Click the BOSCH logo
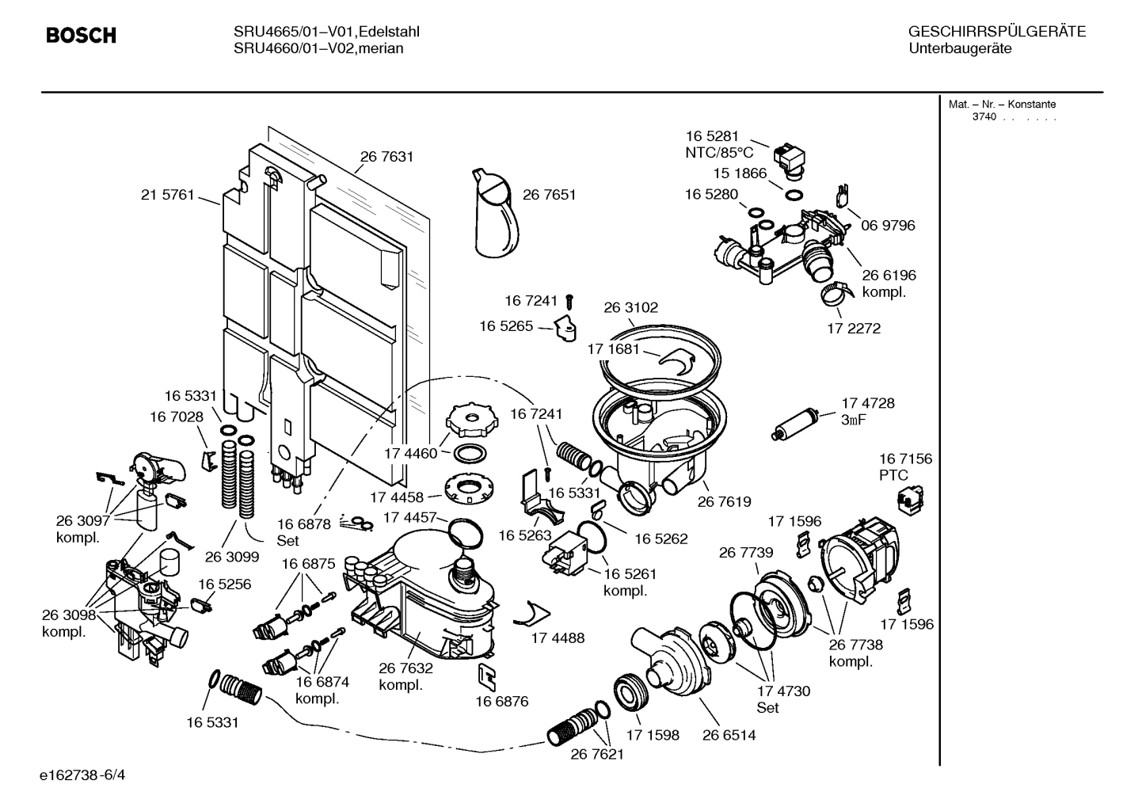81,36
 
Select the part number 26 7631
386,157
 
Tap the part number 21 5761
167,195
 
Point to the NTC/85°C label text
719,153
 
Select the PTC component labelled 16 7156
905,498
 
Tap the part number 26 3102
630,307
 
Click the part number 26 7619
724,501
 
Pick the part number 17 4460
410,454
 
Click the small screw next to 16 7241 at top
569,301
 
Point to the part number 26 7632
405,668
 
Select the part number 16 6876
501,701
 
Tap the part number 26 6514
729,735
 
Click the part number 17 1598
653,735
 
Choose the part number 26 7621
597,754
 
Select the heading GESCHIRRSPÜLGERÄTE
996,32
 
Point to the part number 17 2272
853,328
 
